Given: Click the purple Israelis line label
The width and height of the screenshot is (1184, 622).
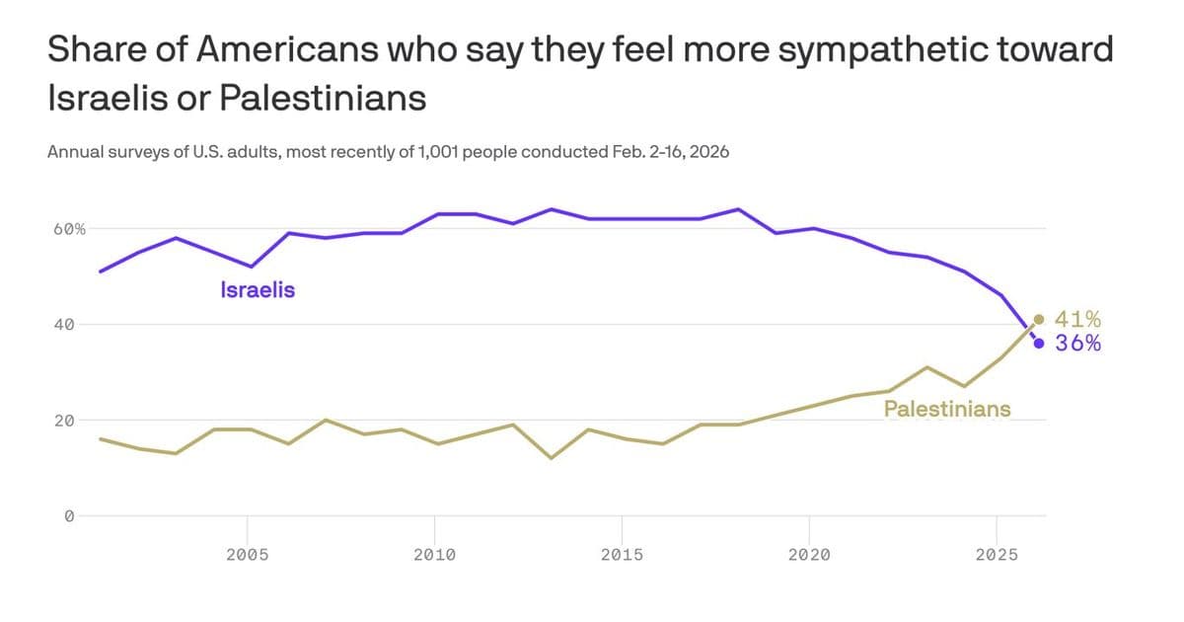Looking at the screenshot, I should click(258, 290).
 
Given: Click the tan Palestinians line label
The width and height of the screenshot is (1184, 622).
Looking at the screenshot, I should click(946, 409).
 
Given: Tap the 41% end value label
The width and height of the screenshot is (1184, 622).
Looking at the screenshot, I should click(1077, 319).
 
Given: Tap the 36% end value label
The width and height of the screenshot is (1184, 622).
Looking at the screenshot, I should click(1077, 344).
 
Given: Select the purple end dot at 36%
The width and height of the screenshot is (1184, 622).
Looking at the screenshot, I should click(1039, 344).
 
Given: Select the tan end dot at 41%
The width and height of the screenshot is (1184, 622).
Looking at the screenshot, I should click(1039, 319).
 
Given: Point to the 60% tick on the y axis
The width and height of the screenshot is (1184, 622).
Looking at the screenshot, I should click(69, 228).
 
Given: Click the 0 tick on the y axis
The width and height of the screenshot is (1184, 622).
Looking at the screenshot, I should click(69, 515).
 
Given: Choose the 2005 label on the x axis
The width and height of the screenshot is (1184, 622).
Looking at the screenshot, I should click(247, 555).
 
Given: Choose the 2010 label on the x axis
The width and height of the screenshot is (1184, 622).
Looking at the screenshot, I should click(434, 555).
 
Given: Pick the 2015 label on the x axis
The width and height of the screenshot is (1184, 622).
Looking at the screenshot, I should click(622, 555).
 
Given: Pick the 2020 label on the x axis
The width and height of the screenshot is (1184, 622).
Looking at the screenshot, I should click(809, 555).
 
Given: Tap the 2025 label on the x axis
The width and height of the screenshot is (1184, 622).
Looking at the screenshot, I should click(996, 555).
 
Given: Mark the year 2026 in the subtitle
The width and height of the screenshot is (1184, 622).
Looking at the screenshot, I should click(708, 153).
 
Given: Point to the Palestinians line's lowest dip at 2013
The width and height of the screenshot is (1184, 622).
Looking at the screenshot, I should click(551, 458).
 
